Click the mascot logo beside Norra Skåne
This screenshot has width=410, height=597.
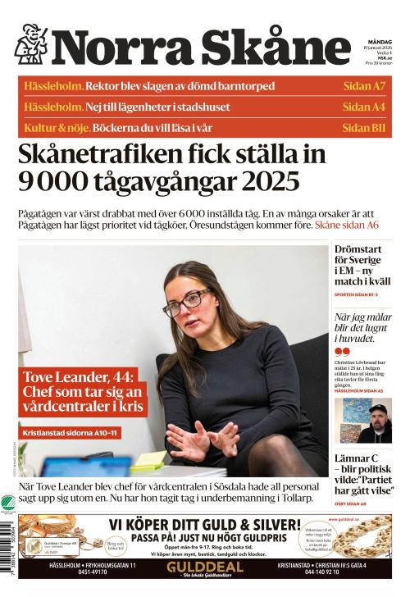31,43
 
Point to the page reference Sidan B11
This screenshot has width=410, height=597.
363,127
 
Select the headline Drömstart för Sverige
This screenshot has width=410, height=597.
362,262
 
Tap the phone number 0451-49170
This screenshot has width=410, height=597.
91,573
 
